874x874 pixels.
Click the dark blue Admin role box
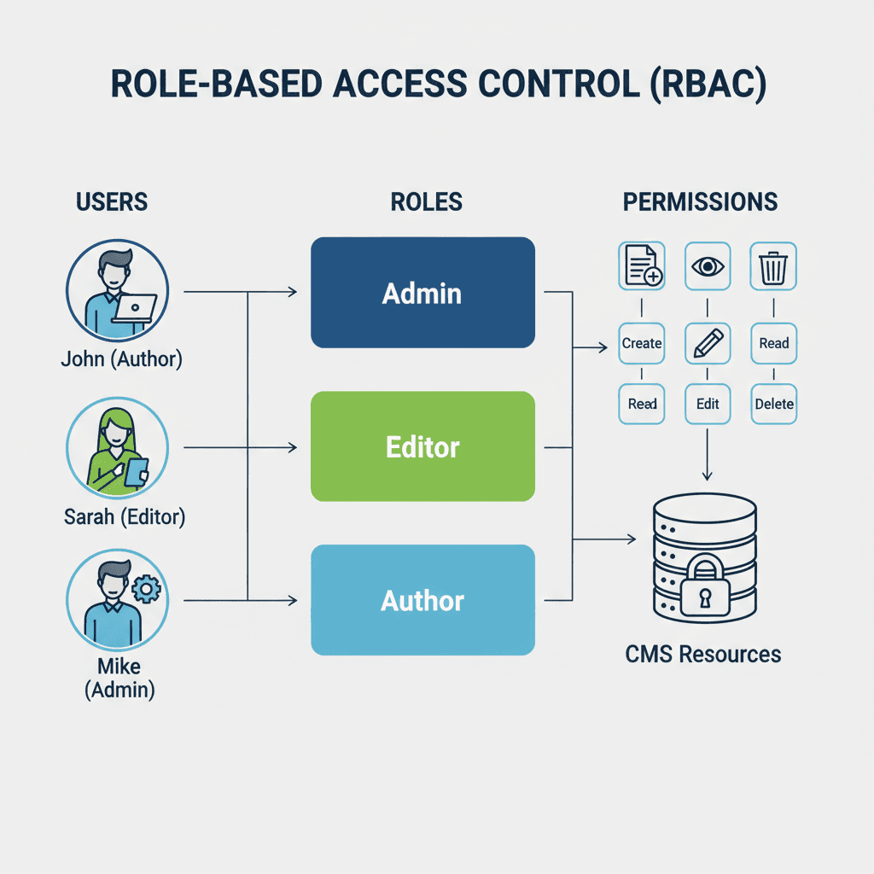coord(422,293)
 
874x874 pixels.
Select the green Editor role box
coord(422,446)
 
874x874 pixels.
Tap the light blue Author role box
coord(422,600)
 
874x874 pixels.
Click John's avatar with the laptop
coord(117,290)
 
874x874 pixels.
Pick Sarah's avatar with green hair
coord(117,449)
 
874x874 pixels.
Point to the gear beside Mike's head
coord(148,588)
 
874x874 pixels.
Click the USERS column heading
coord(112,202)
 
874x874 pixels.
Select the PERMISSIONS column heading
coord(700,202)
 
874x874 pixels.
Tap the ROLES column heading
coord(426,202)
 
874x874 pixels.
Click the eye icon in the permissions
coord(708,266)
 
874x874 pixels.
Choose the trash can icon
coord(773,266)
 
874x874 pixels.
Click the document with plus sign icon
coord(642,266)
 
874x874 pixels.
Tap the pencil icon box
coord(708,343)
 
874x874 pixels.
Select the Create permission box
coord(642,343)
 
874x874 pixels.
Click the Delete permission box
coord(773,404)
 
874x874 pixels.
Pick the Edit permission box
coord(708,404)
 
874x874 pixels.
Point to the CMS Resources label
coord(702,655)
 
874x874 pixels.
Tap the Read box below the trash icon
coord(773,343)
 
